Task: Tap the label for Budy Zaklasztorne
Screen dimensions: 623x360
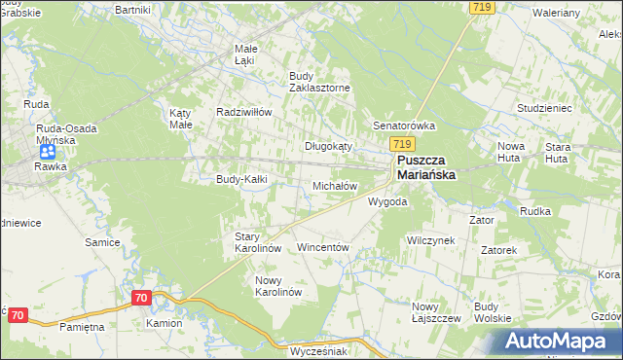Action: point(319,81)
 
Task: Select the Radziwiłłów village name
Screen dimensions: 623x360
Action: point(243,112)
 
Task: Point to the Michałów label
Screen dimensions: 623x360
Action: point(335,185)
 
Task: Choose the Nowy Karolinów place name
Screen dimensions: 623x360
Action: point(278,286)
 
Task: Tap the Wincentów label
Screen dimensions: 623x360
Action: point(322,248)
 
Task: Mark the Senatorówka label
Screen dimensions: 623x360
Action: point(404,126)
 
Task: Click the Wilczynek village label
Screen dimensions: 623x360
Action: point(431,239)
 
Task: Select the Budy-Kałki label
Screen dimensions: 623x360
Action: point(241,179)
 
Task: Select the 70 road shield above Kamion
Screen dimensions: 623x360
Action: point(141,298)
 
